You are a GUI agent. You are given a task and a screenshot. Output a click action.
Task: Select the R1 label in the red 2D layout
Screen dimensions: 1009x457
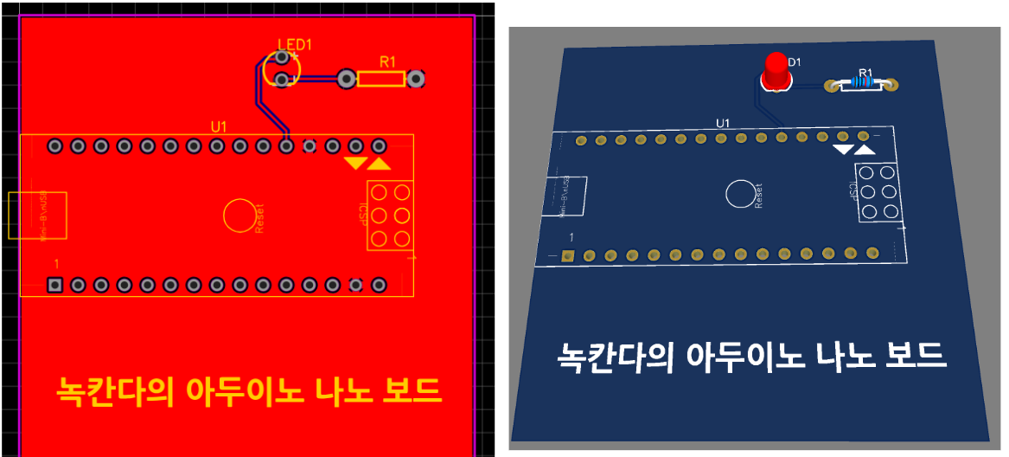click(x=387, y=61)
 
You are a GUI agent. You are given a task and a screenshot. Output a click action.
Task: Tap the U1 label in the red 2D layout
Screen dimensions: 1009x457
click(x=219, y=127)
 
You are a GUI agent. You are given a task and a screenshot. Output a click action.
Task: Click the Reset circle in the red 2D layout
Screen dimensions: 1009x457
click(x=239, y=215)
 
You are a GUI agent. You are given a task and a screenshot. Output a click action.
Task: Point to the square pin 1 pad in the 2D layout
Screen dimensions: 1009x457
click(x=55, y=285)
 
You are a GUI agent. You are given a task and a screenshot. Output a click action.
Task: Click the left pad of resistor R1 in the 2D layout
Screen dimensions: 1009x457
click(x=346, y=80)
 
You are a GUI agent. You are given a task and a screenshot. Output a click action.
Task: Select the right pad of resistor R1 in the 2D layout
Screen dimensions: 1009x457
click(x=417, y=80)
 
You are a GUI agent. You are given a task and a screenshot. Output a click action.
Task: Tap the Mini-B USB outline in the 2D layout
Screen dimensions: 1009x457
click(x=38, y=216)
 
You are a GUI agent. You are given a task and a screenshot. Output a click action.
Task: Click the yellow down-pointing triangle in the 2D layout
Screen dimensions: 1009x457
click(x=354, y=163)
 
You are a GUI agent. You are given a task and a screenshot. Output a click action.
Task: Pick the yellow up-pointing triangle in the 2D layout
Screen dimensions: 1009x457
click(x=379, y=163)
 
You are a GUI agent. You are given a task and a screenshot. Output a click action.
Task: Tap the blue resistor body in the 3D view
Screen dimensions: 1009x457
click(x=861, y=83)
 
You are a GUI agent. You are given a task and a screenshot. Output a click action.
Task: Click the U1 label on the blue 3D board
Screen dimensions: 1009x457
click(x=723, y=123)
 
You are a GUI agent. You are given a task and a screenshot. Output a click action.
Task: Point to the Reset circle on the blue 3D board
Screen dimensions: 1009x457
click(x=739, y=194)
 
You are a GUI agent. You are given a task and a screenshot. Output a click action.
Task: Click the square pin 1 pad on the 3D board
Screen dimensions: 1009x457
click(x=568, y=255)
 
